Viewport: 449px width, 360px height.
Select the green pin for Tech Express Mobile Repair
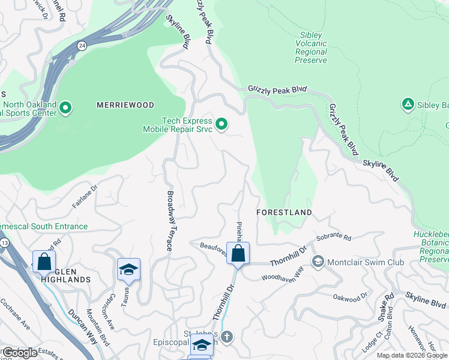tap(221, 124)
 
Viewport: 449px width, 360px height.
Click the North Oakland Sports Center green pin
tap(66, 109)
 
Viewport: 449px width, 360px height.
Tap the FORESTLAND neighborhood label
tap(284, 212)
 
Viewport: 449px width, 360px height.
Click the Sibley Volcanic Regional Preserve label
tap(311, 47)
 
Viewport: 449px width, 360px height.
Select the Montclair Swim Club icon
tap(318, 262)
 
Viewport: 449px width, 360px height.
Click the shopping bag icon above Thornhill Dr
tap(238, 254)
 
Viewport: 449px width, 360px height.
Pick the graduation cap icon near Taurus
tap(128, 270)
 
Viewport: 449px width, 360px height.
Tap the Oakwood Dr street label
tap(350, 297)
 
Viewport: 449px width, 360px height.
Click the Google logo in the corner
tap(20, 353)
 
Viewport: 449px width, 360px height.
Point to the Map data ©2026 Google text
tap(412, 355)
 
